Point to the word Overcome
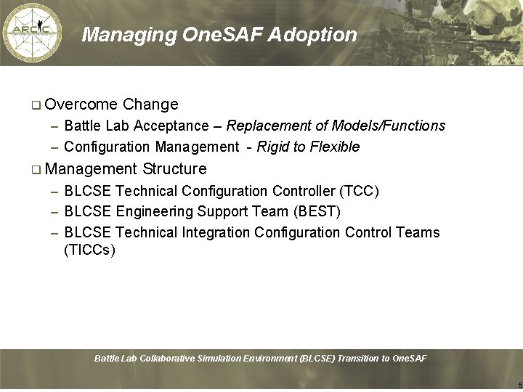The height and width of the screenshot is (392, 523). click(81, 105)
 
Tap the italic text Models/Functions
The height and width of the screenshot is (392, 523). click(389, 126)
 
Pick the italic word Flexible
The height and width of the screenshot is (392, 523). click(335, 147)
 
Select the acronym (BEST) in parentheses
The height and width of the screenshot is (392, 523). click(317, 212)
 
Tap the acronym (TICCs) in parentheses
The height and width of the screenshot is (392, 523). click(89, 251)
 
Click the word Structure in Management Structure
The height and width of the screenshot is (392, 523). click(175, 169)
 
